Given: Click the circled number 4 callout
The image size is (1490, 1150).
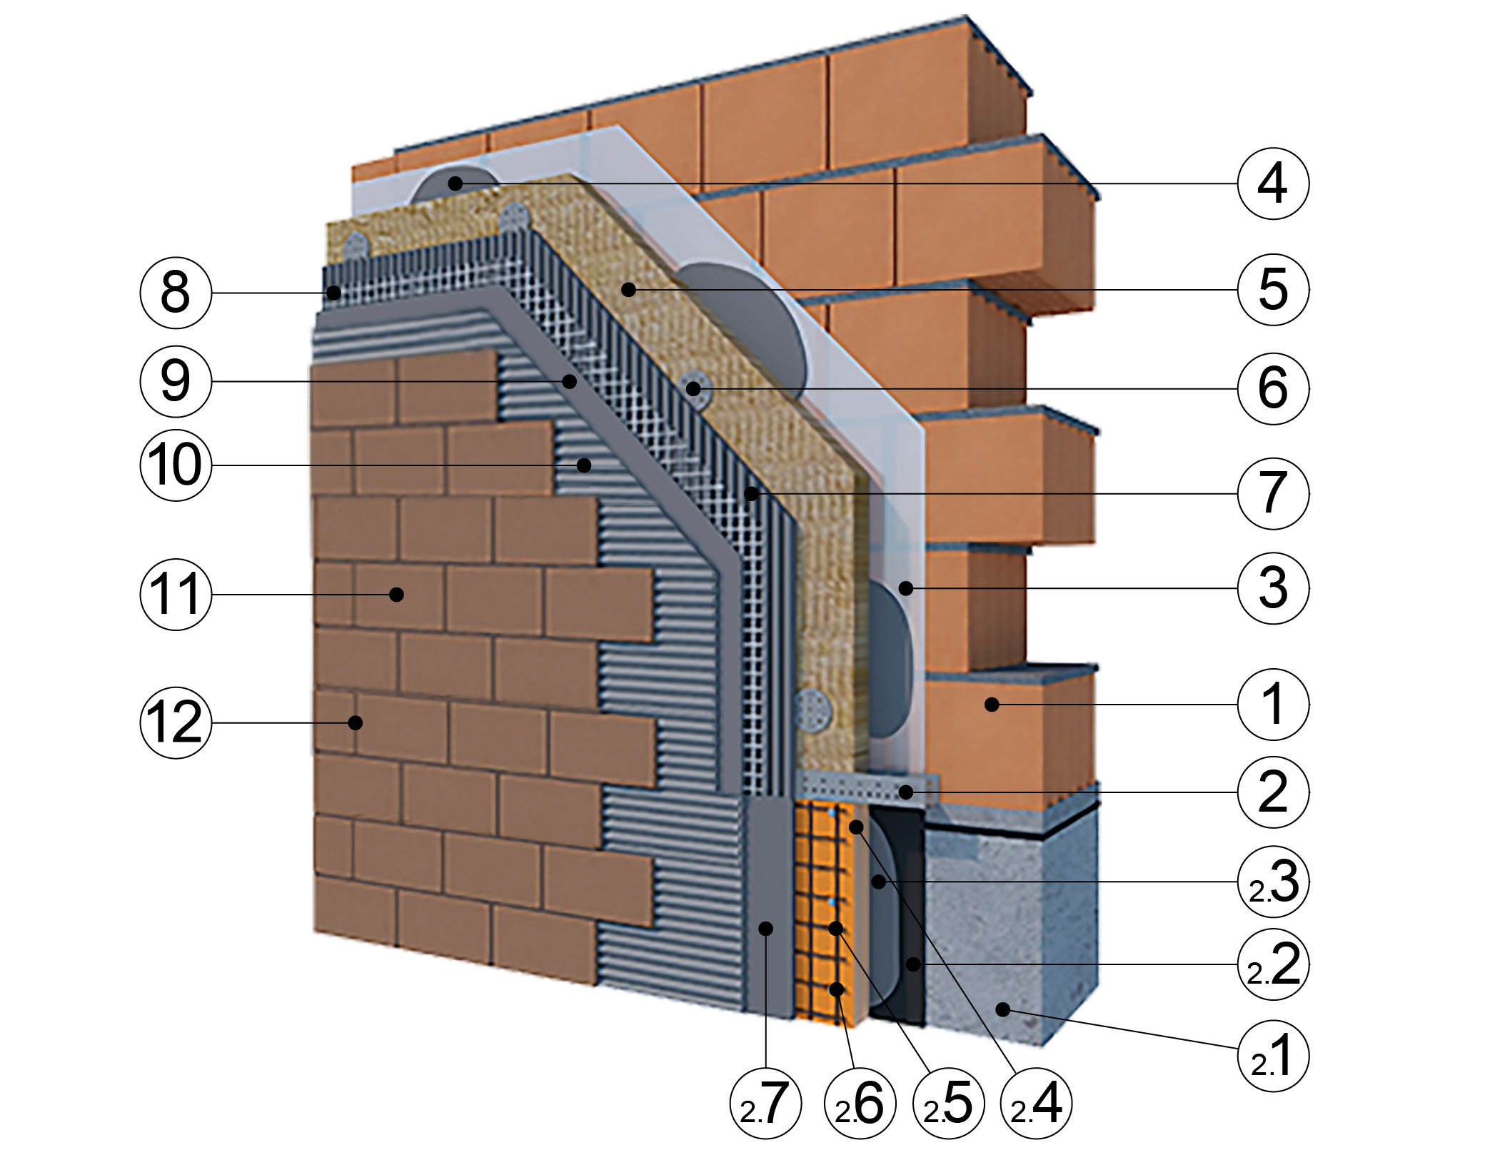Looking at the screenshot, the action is coord(1273,183).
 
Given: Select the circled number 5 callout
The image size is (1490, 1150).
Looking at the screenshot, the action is coord(1273,289).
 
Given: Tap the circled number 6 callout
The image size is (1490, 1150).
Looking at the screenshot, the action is coord(1273,388).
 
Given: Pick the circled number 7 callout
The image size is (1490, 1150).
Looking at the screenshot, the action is coord(1273,493).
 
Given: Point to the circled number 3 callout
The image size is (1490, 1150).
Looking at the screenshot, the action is coord(1273,588).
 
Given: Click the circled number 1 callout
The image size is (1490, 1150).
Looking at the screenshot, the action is coord(1273,705).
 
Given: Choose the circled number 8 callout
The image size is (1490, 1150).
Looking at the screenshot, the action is coord(176,293).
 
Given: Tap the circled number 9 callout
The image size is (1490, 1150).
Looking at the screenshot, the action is coord(176,381).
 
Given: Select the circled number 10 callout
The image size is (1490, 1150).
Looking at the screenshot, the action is coord(176,465).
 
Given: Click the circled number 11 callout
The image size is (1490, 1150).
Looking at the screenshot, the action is coord(176,595).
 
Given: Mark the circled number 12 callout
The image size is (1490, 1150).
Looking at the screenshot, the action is coord(176,722).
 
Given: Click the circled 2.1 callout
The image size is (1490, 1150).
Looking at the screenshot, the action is coord(1273,1056).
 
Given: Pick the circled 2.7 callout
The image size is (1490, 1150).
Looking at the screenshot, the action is coord(765,1104).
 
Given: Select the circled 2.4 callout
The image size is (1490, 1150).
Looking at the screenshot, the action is coord(1036,1104).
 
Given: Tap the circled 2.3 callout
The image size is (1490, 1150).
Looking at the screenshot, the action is coord(1273,882).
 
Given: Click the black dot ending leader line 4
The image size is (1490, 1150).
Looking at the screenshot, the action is coord(455,183).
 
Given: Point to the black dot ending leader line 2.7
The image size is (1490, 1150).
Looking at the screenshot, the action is coord(765,928).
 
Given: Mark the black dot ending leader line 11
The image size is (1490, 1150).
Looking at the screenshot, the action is coord(396,594).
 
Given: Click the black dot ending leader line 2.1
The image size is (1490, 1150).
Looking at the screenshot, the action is coord(1003,1009).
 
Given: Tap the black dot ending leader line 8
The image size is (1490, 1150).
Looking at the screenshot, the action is coord(333,293).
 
